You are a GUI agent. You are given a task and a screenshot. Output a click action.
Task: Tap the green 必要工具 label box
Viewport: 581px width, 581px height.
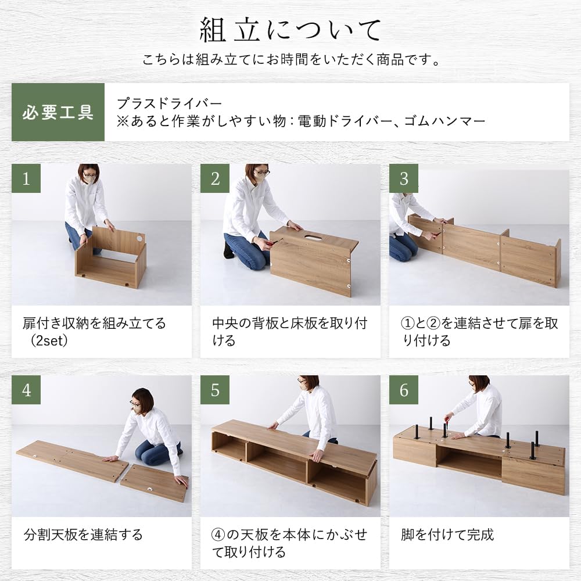point(58,112)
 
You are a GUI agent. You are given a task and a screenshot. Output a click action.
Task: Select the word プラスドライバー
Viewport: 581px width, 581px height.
point(169,103)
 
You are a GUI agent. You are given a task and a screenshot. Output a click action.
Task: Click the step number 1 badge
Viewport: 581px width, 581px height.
point(26,178)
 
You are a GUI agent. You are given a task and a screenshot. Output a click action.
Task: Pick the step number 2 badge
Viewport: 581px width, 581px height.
point(215,178)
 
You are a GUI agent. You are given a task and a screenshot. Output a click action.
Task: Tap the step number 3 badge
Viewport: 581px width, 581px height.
point(404,178)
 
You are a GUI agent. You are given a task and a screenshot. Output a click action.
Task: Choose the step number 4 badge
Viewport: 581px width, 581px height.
point(26,390)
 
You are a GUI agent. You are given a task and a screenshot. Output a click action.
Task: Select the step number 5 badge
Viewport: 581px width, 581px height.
point(215,390)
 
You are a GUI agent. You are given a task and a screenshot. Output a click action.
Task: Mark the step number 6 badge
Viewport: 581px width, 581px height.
point(404,390)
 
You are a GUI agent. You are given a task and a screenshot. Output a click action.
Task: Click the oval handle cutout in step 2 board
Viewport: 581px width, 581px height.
point(314,238)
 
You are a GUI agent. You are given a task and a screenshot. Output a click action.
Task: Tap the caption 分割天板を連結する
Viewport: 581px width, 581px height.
point(83,534)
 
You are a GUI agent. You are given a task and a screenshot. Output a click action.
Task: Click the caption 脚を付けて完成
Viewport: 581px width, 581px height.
point(447,534)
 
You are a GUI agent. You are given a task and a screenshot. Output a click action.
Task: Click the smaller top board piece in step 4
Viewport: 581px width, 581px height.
point(154,482)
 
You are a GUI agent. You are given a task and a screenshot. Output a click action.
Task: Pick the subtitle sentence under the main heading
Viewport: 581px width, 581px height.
point(290,60)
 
